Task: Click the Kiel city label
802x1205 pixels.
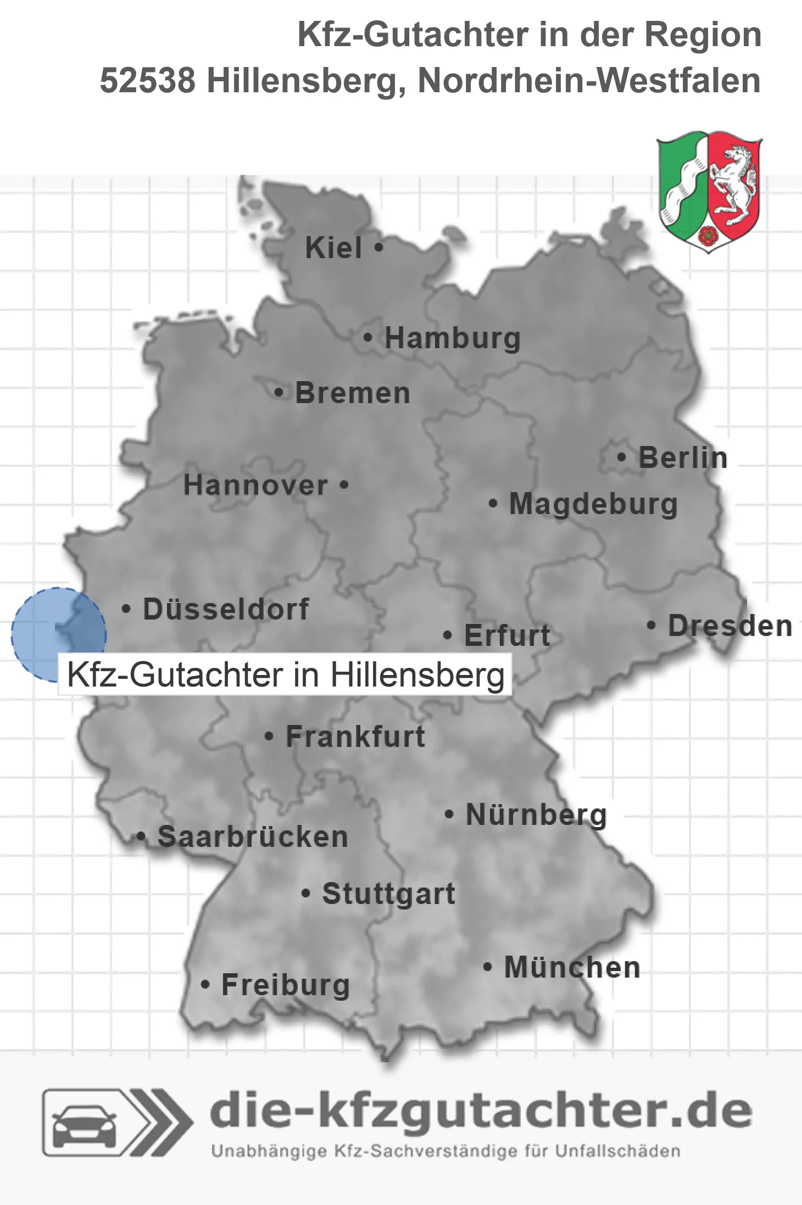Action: [x=333, y=248]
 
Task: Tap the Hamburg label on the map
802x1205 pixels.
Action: [x=452, y=338]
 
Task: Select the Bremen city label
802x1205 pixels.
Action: [x=352, y=393]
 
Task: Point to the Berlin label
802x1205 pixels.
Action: [x=683, y=458]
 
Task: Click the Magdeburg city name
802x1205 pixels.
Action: [x=593, y=504]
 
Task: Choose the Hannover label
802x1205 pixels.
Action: [x=255, y=486]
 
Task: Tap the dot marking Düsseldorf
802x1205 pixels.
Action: [x=126, y=609]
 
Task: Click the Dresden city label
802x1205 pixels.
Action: [x=730, y=626]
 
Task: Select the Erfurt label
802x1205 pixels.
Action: [x=507, y=636]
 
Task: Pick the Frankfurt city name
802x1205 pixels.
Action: [x=355, y=737]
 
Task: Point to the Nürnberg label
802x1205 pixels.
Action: [x=536, y=815]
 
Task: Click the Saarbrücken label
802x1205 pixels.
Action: [x=253, y=837]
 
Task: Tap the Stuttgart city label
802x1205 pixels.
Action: [x=388, y=894]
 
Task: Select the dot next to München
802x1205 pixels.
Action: [x=487, y=967]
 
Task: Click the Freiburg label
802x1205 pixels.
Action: [x=285, y=985]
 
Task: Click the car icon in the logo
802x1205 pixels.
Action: [x=84, y=1124]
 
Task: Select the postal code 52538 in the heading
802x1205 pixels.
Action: [x=147, y=81]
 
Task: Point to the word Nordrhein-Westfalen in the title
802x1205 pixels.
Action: [x=589, y=81]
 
